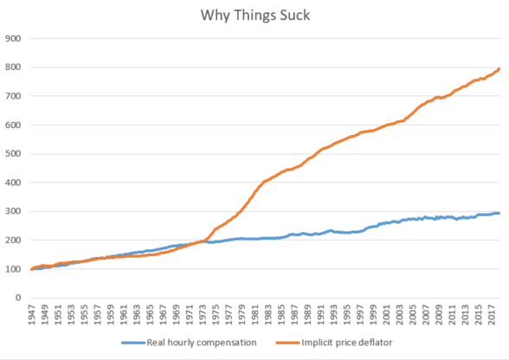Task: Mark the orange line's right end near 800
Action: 499,68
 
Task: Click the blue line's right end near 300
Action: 499,213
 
